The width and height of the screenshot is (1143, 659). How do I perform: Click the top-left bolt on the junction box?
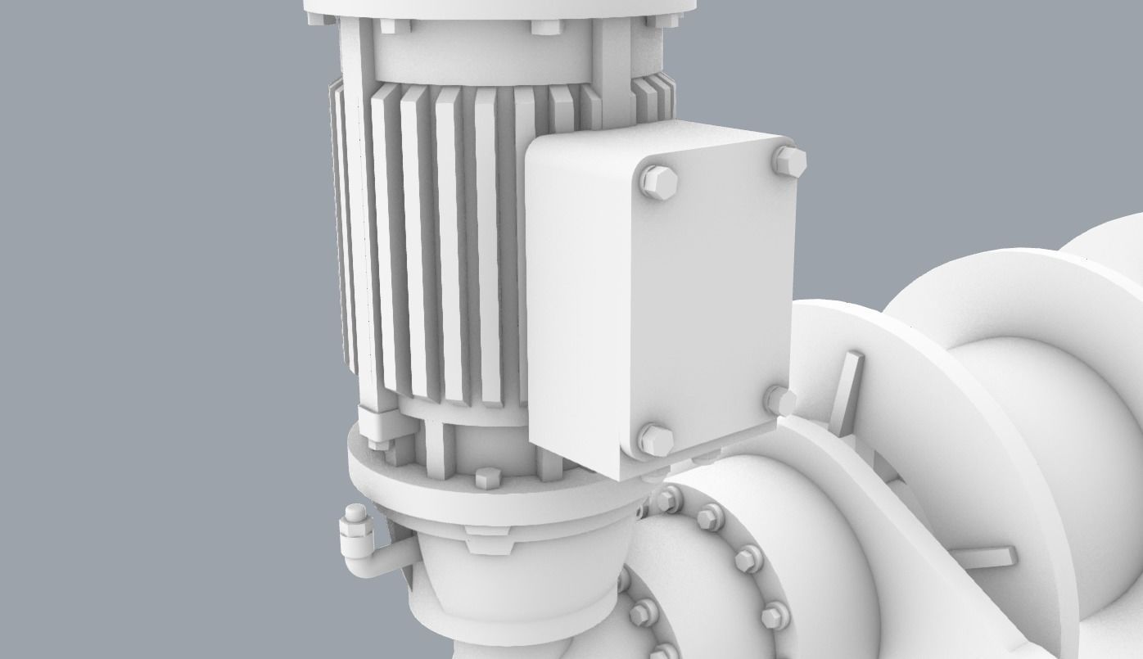tap(657, 183)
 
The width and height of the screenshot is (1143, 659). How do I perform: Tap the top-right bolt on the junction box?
tap(789, 160)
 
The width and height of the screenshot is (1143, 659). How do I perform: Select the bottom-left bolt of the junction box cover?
tap(655, 439)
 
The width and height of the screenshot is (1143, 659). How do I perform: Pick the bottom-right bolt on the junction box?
tap(780, 401)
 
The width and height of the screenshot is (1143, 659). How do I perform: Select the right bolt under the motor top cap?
tap(543, 27)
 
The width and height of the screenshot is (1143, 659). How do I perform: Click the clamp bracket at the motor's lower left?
tap(378, 426)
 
